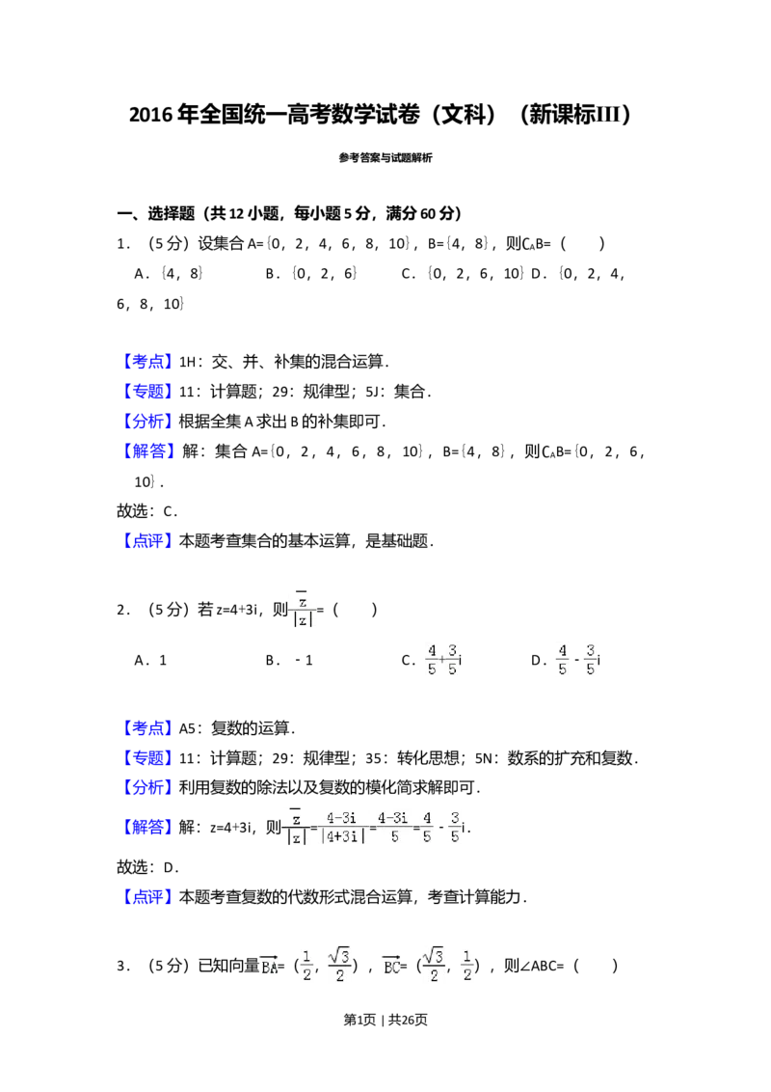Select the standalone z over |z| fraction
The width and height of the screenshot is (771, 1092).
point(304,611)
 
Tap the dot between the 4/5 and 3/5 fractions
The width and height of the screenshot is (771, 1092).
point(441,660)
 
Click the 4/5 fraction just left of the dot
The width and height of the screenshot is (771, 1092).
point(432,660)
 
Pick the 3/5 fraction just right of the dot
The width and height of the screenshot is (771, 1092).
point(453,660)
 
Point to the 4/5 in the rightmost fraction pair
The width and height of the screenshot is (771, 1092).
point(563,660)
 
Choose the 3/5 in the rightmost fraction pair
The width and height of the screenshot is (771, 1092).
point(590,660)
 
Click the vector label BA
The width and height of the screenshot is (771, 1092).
point(269,966)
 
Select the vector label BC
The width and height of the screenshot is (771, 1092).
point(391,966)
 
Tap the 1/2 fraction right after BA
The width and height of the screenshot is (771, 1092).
point(305,966)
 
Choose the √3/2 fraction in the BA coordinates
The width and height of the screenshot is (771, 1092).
point(338,966)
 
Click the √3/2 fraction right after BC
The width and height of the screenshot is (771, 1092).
point(432,966)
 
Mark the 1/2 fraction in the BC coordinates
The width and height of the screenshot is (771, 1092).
point(466,966)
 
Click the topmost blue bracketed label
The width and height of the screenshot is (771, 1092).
point(149,361)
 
